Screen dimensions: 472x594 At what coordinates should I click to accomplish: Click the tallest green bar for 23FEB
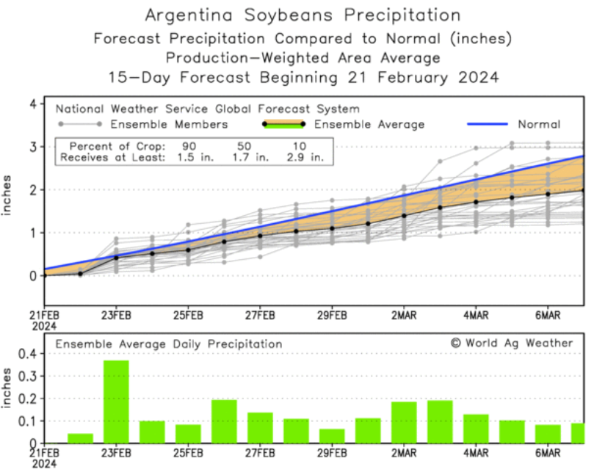tap(116, 402)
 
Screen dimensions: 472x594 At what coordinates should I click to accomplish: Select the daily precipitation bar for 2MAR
tap(404, 422)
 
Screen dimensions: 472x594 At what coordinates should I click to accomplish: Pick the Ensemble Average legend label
tap(369, 125)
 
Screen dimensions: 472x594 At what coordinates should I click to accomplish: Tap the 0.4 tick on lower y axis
tap(28, 353)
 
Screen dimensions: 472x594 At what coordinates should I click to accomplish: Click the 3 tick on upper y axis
tap(32, 147)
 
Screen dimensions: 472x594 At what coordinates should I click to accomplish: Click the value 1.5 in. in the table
tap(189, 156)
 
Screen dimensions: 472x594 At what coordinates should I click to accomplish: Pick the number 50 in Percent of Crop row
tap(249, 145)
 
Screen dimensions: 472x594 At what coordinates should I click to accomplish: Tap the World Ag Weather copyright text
tap(511, 343)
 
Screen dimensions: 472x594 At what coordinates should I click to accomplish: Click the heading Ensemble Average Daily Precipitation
tap(169, 344)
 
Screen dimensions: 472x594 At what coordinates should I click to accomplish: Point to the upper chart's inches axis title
tap(9, 197)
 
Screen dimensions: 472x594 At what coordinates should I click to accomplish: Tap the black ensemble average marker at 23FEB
tap(116, 258)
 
